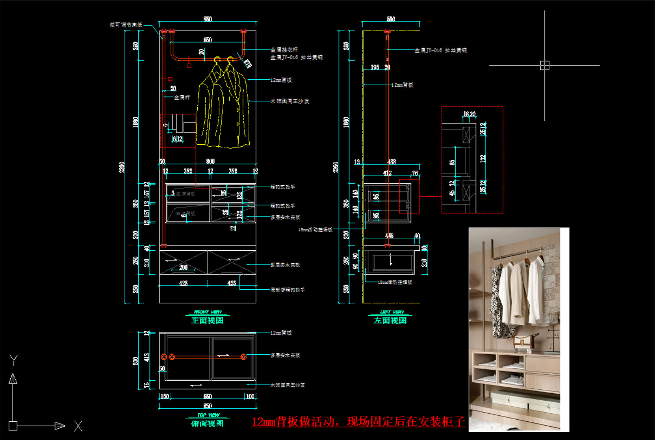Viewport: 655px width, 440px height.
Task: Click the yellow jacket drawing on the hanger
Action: click(223, 108)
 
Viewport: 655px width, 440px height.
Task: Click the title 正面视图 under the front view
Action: click(207, 320)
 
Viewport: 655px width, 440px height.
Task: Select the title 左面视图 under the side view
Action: click(390, 320)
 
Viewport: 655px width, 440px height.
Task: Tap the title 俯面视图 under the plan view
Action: click(207, 424)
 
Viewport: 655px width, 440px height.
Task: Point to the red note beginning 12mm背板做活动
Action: click(358, 422)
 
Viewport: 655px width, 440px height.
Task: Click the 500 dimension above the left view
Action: click(391, 19)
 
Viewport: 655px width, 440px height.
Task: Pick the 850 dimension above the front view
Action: click(208, 19)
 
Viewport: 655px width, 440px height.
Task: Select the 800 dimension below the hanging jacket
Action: click(210, 161)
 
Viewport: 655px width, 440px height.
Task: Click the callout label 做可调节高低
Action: click(126, 25)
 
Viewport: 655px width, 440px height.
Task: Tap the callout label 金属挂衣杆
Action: click(284, 50)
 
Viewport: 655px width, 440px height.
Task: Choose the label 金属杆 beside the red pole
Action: click(182, 97)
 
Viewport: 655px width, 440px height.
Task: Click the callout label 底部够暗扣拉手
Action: click(287, 290)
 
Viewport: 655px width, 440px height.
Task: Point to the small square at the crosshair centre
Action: click(544, 65)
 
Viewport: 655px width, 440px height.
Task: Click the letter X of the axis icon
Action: click(78, 426)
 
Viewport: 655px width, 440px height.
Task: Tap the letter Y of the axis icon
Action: click(14, 360)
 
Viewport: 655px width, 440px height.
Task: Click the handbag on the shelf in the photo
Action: click(523, 342)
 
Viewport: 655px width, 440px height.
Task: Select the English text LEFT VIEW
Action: click(392, 312)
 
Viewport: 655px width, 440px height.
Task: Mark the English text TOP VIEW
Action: click(208, 415)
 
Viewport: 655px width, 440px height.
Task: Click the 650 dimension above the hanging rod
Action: click(208, 40)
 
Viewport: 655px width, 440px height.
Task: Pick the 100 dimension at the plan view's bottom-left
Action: click(165, 396)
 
